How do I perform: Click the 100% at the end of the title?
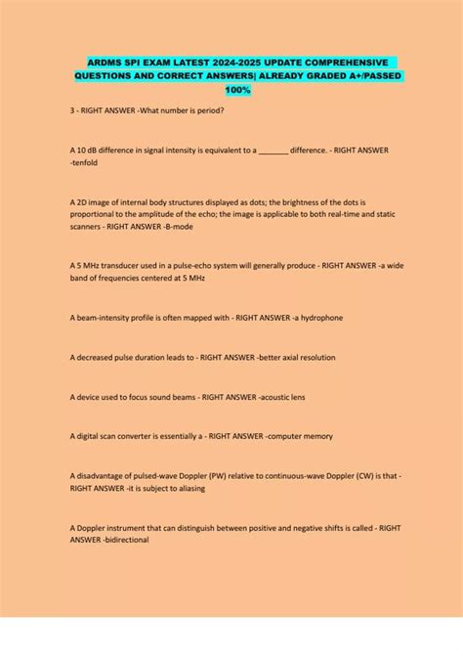point(237,90)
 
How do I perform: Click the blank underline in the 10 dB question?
point(274,150)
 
